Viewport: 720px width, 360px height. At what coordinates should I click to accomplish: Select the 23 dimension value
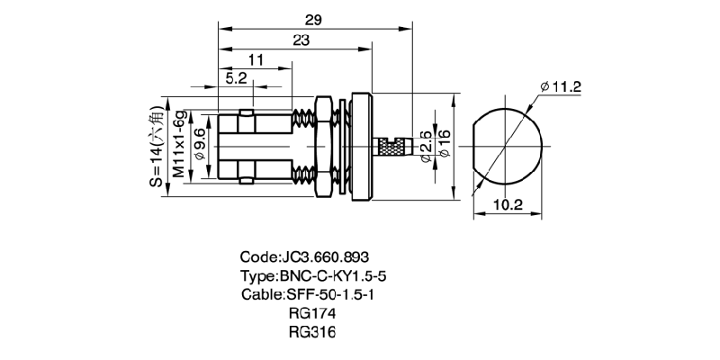(301, 40)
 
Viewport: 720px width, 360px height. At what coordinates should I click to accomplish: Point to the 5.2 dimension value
(237, 79)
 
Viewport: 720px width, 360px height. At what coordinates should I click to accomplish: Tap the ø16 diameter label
(444, 145)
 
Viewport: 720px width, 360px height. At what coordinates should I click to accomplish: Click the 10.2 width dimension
(508, 204)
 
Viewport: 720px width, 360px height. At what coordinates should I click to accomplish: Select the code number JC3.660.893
(305, 256)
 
